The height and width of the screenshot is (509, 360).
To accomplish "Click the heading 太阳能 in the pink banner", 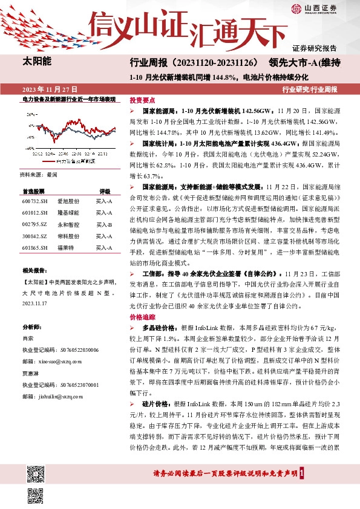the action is pos(37,61).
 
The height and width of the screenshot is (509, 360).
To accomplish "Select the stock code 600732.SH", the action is pos(34,200).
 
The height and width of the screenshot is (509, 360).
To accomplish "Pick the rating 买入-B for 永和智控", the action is pos(104,224).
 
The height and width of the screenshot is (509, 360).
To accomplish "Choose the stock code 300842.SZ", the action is pos(34,235).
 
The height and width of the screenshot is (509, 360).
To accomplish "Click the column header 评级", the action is pos(105,190).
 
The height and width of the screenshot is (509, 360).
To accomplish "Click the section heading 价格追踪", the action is pos(142,316).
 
